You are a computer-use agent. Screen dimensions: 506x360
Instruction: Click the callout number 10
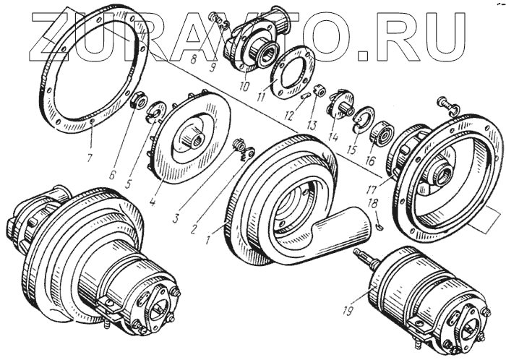point(244,86)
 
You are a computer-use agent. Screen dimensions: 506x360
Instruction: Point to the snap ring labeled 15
point(361,121)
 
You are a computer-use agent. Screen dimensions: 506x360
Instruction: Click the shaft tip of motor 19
point(359,253)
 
